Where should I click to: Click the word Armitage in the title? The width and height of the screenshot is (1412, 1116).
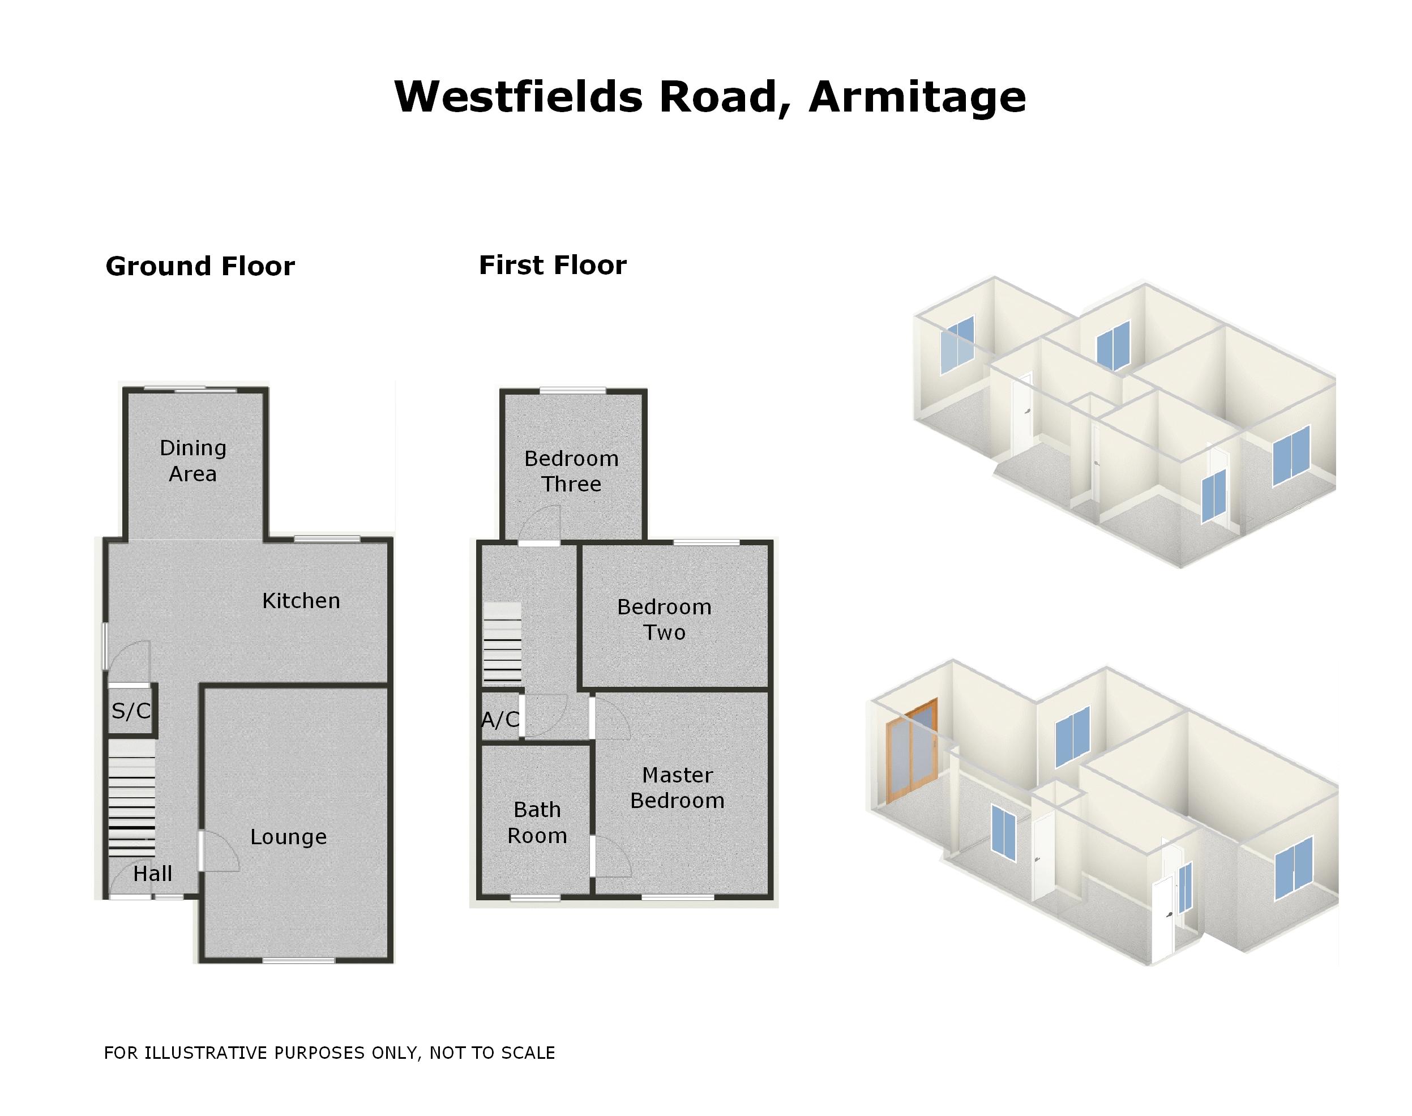[916, 98]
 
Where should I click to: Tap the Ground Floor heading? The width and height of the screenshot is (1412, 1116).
[200, 267]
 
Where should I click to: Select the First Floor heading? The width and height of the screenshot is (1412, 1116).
[552, 266]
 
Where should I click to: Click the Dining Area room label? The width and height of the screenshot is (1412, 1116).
[192, 461]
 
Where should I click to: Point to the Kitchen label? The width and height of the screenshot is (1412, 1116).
[301, 601]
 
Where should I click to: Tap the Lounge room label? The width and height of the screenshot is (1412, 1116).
[288, 837]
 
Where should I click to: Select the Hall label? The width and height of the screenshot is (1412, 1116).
[152, 874]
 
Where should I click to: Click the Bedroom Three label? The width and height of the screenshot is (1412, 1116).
[571, 471]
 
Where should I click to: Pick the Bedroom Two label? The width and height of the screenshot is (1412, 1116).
[664, 619]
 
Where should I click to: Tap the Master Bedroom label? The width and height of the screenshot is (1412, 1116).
[677, 788]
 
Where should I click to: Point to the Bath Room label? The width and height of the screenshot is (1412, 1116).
[537, 823]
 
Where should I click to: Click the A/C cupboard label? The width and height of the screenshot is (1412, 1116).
[500, 720]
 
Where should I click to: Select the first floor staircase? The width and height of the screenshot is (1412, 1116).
[502, 644]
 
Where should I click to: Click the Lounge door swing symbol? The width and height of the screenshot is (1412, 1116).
[220, 852]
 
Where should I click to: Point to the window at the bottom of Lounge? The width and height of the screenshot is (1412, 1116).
[298, 960]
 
